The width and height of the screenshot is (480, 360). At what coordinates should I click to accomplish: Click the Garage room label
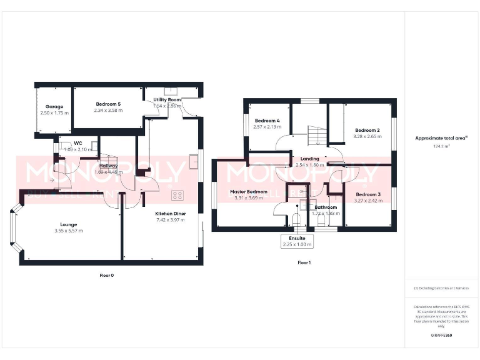(52, 107)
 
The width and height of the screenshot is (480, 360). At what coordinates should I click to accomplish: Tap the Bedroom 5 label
(108, 104)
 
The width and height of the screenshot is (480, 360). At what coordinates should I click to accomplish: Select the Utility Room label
(167, 100)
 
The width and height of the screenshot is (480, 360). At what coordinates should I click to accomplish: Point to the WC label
(78, 143)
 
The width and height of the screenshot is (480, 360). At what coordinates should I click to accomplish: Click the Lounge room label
(69, 224)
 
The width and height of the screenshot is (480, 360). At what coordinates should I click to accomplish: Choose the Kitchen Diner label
(171, 214)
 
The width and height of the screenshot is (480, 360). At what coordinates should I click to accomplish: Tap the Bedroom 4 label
(267, 120)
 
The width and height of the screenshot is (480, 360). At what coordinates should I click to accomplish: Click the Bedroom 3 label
(367, 194)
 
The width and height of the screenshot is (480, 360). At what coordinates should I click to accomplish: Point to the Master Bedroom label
(248, 192)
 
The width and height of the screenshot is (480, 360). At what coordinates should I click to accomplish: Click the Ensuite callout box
(297, 241)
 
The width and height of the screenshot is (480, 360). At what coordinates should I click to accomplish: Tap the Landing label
(310, 159)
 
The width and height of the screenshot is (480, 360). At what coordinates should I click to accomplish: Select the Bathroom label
(326, 207)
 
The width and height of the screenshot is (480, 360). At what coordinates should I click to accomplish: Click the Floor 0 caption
(107, 275)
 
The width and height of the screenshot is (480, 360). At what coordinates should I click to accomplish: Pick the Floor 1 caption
(304, 263)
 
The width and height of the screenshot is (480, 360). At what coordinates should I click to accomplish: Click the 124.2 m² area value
(441, 146)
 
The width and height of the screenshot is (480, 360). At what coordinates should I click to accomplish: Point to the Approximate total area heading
(441, 138)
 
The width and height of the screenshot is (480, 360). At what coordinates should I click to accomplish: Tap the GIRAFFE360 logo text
(441, 336)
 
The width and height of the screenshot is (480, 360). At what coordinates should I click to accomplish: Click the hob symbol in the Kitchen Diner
(177, 195)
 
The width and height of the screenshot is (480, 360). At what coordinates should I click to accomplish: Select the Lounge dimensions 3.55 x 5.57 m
(69, 231)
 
